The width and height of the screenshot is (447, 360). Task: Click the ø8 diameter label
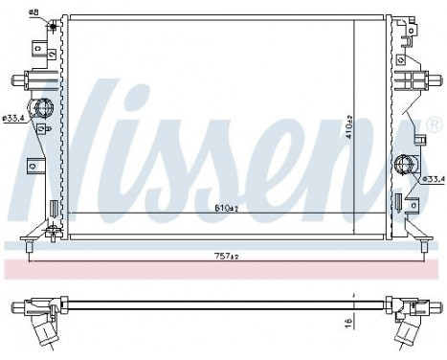pos(33,11)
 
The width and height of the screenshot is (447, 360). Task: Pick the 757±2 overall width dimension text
pos(226,257)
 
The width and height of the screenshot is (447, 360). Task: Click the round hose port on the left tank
pos(43,109)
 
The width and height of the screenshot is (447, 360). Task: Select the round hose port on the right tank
pos(403,165)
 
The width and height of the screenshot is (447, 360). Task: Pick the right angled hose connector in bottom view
pos(406,330)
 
